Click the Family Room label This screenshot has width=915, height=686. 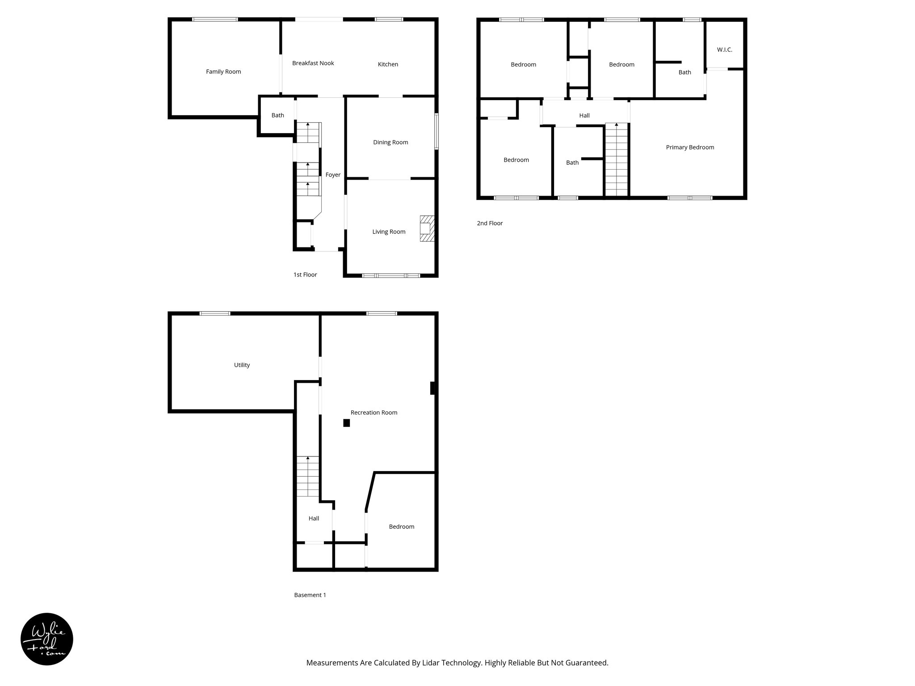point(223,71)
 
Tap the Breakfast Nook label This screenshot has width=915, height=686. point(313,63)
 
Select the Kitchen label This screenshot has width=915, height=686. point(388,64)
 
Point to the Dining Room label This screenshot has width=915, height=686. point(390,142)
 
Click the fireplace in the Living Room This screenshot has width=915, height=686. point(427,229)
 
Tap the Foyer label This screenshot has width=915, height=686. point(333,175)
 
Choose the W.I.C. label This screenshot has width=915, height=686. point(724,50)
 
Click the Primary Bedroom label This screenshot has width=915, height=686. point(690,147)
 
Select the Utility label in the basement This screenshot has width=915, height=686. point(242,365)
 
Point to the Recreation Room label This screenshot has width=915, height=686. point(374,413)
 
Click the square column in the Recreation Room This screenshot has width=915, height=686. point(346,423)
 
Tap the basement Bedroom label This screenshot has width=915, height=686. point(401,527)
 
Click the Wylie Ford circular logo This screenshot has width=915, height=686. point(47,639)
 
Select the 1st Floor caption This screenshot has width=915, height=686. point(305,275)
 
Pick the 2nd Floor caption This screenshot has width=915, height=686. point(490,223)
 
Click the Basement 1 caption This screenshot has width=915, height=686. point(310,595)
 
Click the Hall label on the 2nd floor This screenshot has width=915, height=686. point(584,116)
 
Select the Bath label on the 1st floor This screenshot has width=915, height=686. point(277,115)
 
